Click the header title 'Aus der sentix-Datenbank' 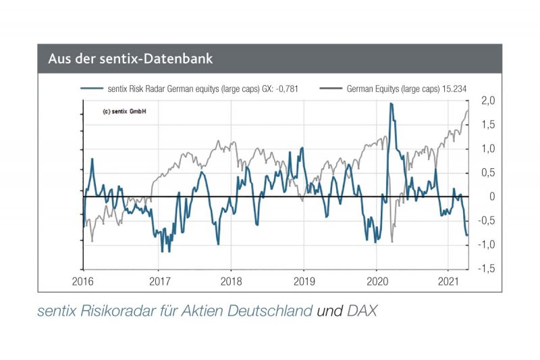[x=130, y=59]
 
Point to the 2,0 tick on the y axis [x=487, y=101]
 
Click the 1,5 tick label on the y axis [x=487, y=124]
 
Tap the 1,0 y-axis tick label [x=487, y=149]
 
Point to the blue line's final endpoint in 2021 [x=468, y=234]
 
